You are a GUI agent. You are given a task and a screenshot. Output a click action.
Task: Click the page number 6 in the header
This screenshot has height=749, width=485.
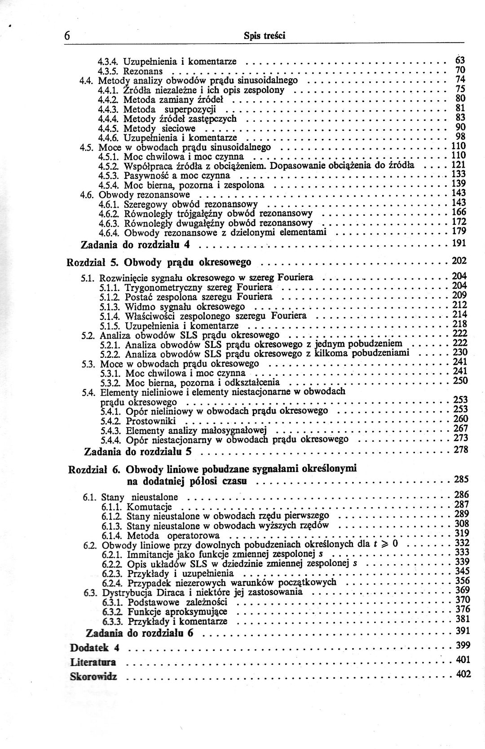(66, 36)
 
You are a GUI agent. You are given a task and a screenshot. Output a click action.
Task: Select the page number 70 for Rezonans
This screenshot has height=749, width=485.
(460, 70)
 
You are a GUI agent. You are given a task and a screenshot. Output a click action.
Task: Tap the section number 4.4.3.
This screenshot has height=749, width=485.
(108, 109)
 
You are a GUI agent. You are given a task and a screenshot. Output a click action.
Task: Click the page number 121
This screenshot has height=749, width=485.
(458, 165)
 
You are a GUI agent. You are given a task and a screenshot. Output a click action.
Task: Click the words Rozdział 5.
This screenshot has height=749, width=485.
(92, 262)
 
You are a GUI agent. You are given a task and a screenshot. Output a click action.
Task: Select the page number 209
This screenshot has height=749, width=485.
(459, 295)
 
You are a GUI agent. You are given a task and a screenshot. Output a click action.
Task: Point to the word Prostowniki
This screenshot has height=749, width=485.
(150, 421)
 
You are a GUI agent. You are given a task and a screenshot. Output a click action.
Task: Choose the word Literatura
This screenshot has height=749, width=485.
(93, 662)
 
